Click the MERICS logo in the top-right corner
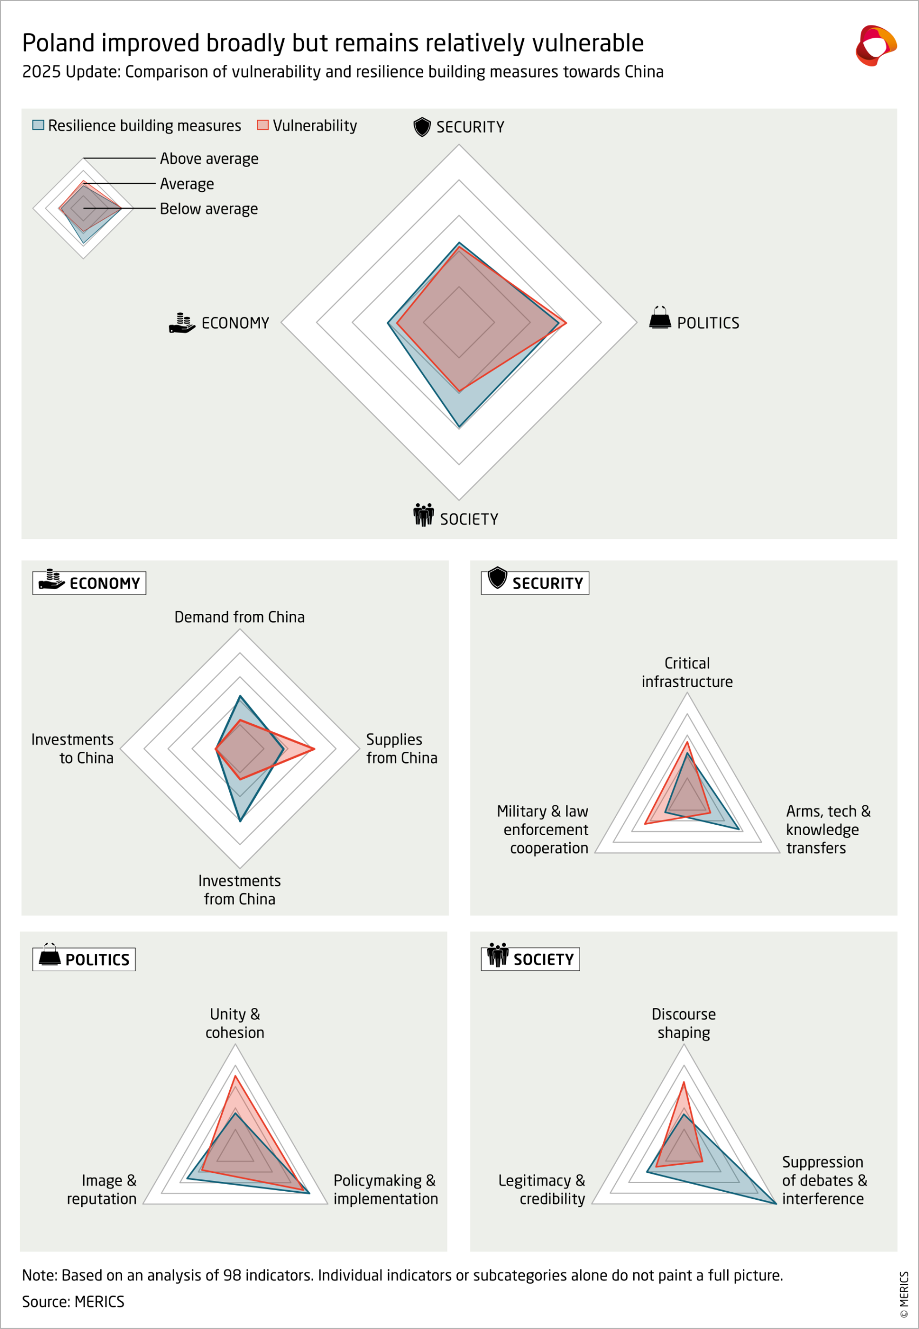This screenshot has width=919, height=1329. [x=875, y=45]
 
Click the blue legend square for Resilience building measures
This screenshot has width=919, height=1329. [x=38, y=125]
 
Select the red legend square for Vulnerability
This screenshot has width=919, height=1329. [x=263, y=125]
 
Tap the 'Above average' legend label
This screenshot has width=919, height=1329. [x=209, y=158]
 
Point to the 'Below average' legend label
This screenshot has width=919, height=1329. [x=209, y=209]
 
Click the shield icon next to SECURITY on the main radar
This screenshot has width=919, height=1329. [x=422, y=126]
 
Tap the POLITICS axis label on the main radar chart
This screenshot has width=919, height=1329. [x=708, y=323]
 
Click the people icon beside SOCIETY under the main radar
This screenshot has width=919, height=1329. [x=423, y=515]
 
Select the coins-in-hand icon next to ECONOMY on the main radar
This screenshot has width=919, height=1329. [x=182, y=323]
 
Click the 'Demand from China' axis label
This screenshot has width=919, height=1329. [x=239, y=617]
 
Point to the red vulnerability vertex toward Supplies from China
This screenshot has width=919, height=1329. [x=314, y=749]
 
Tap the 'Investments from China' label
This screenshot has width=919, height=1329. [x=239, y=890]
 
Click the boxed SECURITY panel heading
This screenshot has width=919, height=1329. [x=535, y=583]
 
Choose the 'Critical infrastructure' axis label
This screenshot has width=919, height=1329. [x=687, y=672]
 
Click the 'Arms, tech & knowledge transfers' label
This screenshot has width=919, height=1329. [x=828, y=830]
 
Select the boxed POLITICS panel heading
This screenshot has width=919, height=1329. [x=84, y=959]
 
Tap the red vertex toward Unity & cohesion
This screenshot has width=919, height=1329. [x=235, y=1076]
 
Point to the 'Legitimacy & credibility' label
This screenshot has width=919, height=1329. [x=542, y=1189]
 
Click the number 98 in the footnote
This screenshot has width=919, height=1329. [x=231, y=1275]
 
